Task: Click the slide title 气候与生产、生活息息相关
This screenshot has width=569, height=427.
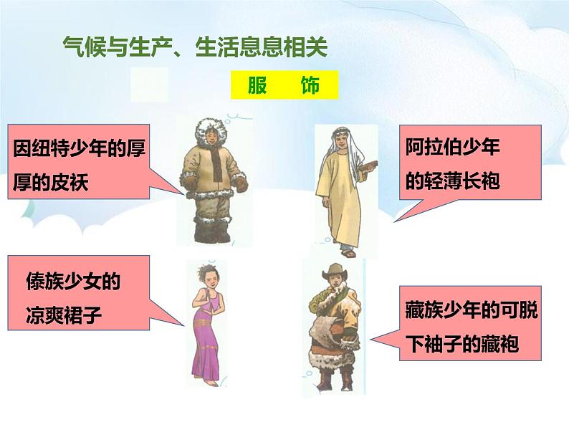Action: [x=194, y=48]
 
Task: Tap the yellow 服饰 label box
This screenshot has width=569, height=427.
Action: [x=284, y=87]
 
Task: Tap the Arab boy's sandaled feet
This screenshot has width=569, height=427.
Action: [x=347, y=250]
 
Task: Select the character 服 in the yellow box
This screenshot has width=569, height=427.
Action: [x=257, y=87]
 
